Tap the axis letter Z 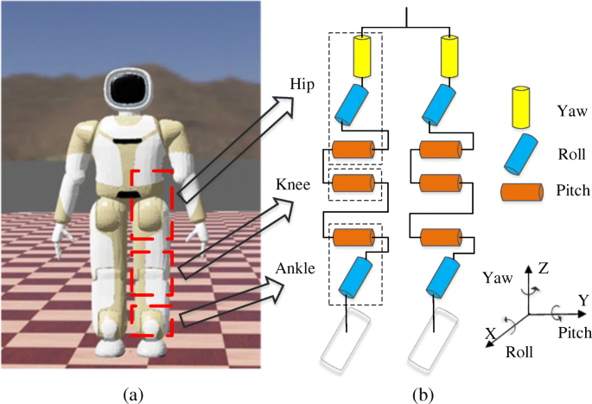coord(542,269)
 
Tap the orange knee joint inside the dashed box coord(351,183)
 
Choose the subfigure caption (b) coord(423,395)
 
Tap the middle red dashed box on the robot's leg coord(152,276)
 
